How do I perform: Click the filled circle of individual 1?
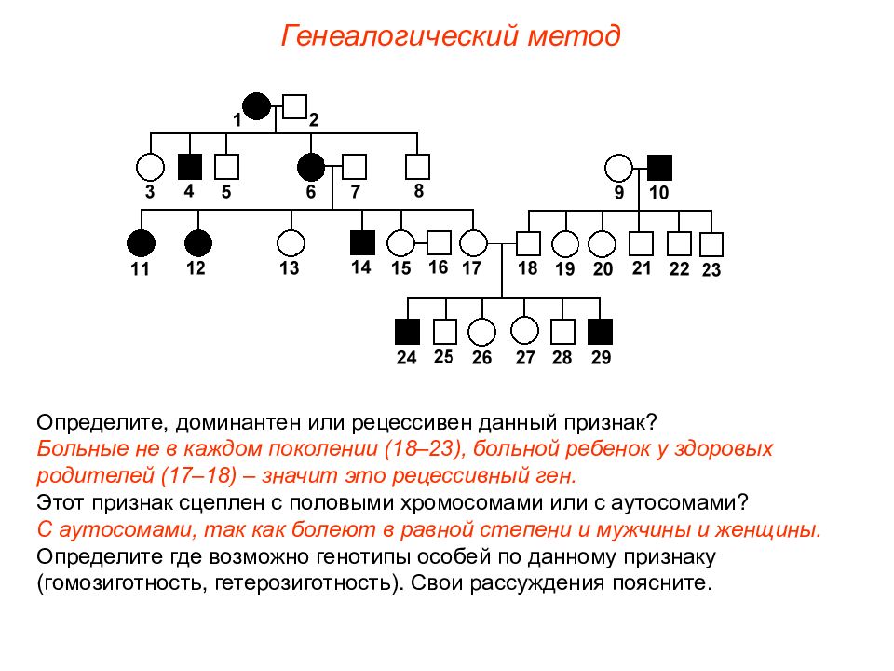coord(257,106)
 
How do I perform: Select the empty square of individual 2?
coord(295,106)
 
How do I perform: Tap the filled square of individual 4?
coord(190,167)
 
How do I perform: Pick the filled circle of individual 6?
coord(311,167)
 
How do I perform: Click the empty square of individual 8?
coord(417,167)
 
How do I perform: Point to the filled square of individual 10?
coord(659,168)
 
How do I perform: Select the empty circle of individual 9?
coord(618,169)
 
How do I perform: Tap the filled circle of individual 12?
coord(198,243)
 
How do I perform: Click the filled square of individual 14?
coord(362,243)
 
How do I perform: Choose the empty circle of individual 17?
coord(473,243)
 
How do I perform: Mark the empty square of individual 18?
coord(528,243)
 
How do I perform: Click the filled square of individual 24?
coord(408,332)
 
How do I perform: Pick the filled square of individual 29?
coord(601,332)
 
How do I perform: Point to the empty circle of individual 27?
coord(524,330)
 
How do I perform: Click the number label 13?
coord(289,267)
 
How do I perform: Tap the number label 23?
coord(711,269)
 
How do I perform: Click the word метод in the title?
coord(574,35)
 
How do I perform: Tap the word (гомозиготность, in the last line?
coord(121,583)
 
